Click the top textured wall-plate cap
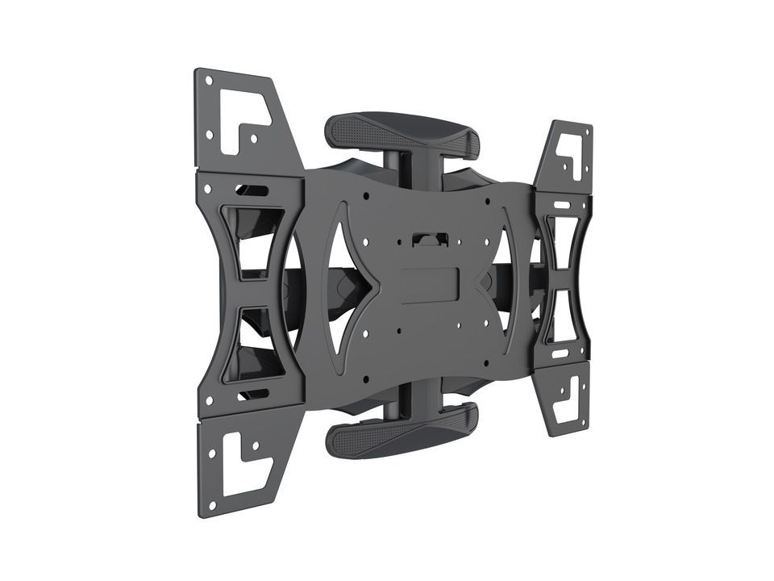click(x=401, y=132)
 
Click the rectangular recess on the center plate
click(x=430, y=285)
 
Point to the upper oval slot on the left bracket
click(x=252, y=191)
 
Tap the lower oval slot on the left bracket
click(x=252, y=394)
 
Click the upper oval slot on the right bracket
click(x=561, y=205)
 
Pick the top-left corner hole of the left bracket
click(x=208, y=80)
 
